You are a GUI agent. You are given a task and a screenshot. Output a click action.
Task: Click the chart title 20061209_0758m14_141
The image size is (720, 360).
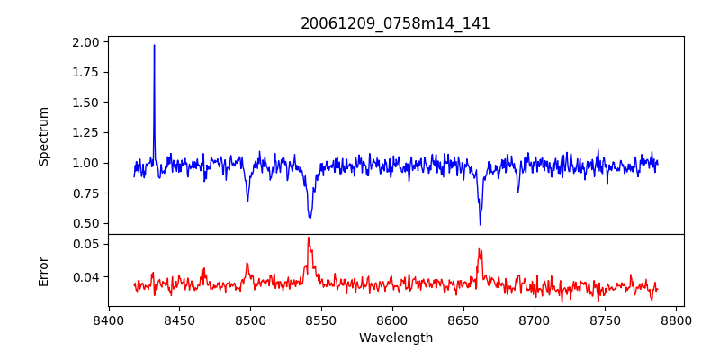(x=395, y=23)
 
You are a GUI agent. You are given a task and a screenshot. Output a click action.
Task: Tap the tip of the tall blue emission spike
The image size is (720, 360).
(x=154, y=45)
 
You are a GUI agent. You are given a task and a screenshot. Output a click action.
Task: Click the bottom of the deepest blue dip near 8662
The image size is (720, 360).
(x=480, y=224)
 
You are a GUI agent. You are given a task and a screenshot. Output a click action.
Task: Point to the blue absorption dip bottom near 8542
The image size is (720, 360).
(x=310, y=218)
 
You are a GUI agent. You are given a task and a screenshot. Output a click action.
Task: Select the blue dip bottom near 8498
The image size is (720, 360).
(x=247, y=201)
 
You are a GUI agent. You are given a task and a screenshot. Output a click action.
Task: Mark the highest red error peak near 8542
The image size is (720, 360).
(x=308, y=238)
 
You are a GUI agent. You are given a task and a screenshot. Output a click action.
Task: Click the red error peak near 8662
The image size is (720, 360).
(x=479, y=249)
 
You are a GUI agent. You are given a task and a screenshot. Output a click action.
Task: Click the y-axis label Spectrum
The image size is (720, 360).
(x=43, y=136)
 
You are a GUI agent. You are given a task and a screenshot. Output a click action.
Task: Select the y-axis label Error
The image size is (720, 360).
(x=43, y=271)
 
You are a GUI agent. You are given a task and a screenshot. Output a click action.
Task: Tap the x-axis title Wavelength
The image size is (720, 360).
(x=395, y=338)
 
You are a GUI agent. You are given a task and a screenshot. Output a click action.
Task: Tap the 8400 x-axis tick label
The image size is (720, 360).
(x=108, y=319)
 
